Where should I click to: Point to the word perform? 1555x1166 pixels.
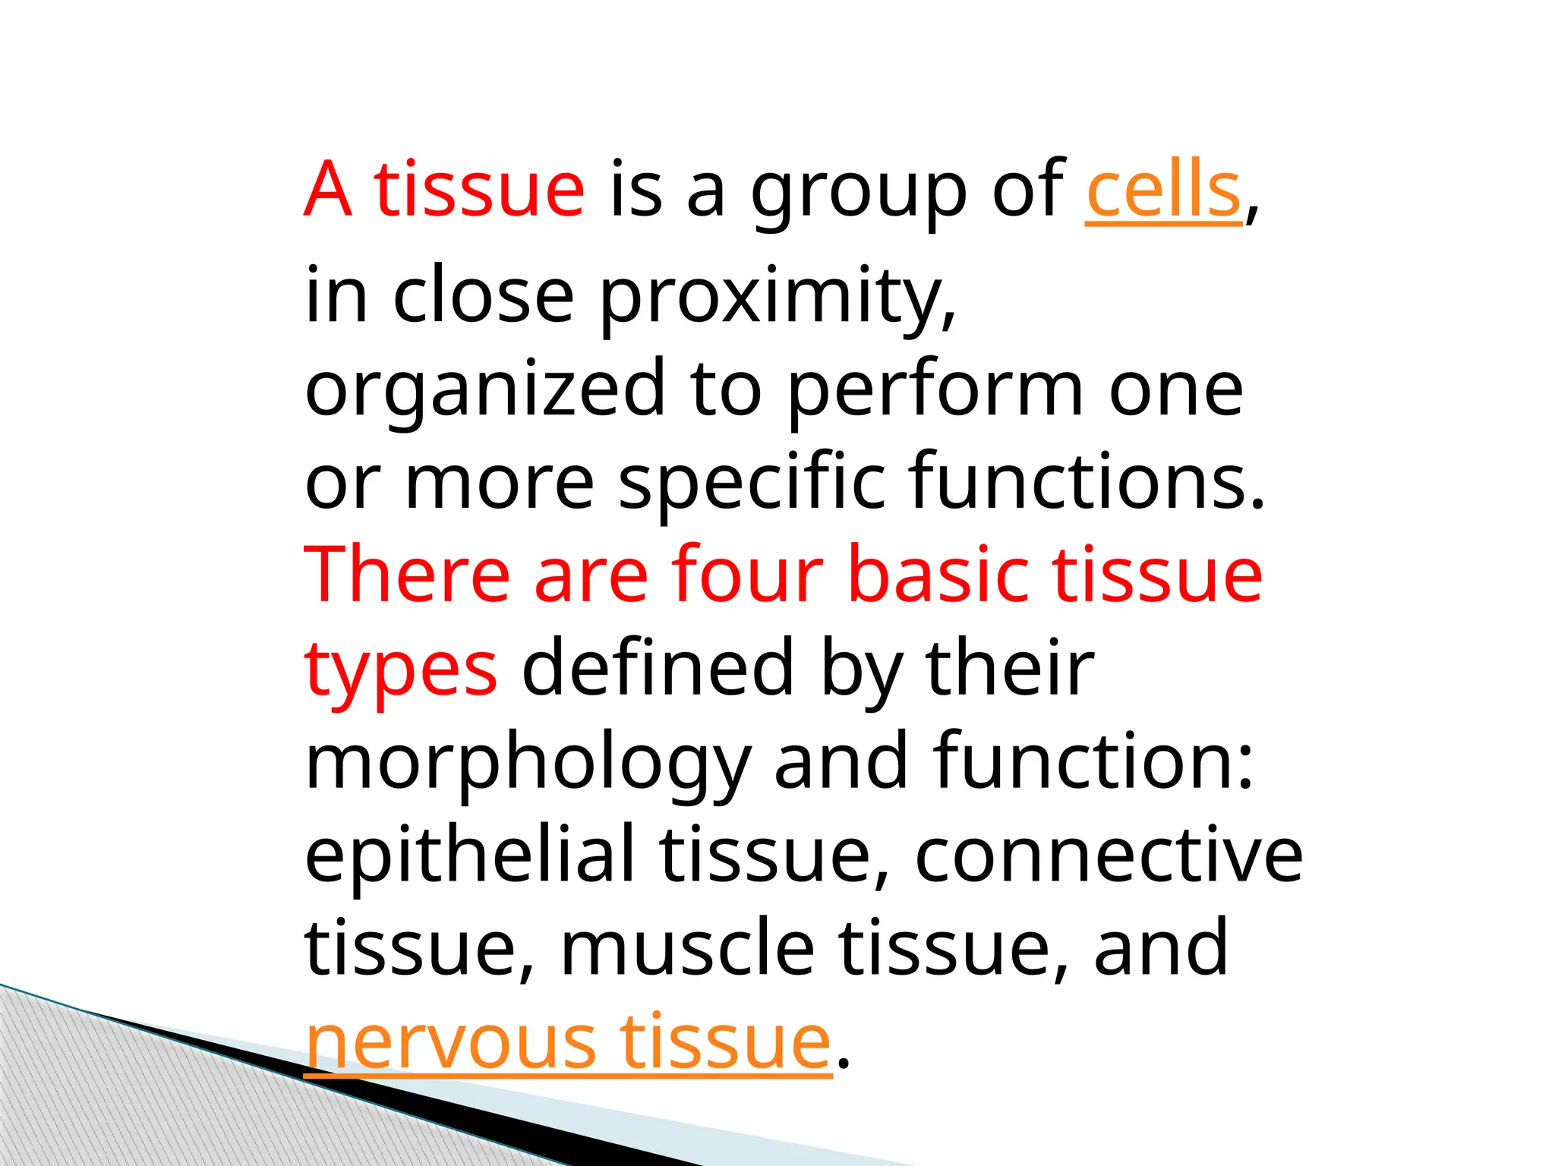[x=935, y=390]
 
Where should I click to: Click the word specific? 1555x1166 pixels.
[x=752, y=483]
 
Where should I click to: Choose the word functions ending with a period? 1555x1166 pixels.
[x=1087, y=481]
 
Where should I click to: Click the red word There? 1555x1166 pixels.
[x=407, y=575]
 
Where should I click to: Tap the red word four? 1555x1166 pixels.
[x=747, y=575]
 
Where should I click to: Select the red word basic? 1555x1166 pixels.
[x=938, y=575]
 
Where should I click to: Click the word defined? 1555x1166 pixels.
[x=658, y=668]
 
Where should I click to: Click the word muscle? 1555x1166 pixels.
[x=687, y=948]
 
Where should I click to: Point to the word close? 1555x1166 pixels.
[x=483, y=296]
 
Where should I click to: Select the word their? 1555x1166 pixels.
[x=1010, y=668]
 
